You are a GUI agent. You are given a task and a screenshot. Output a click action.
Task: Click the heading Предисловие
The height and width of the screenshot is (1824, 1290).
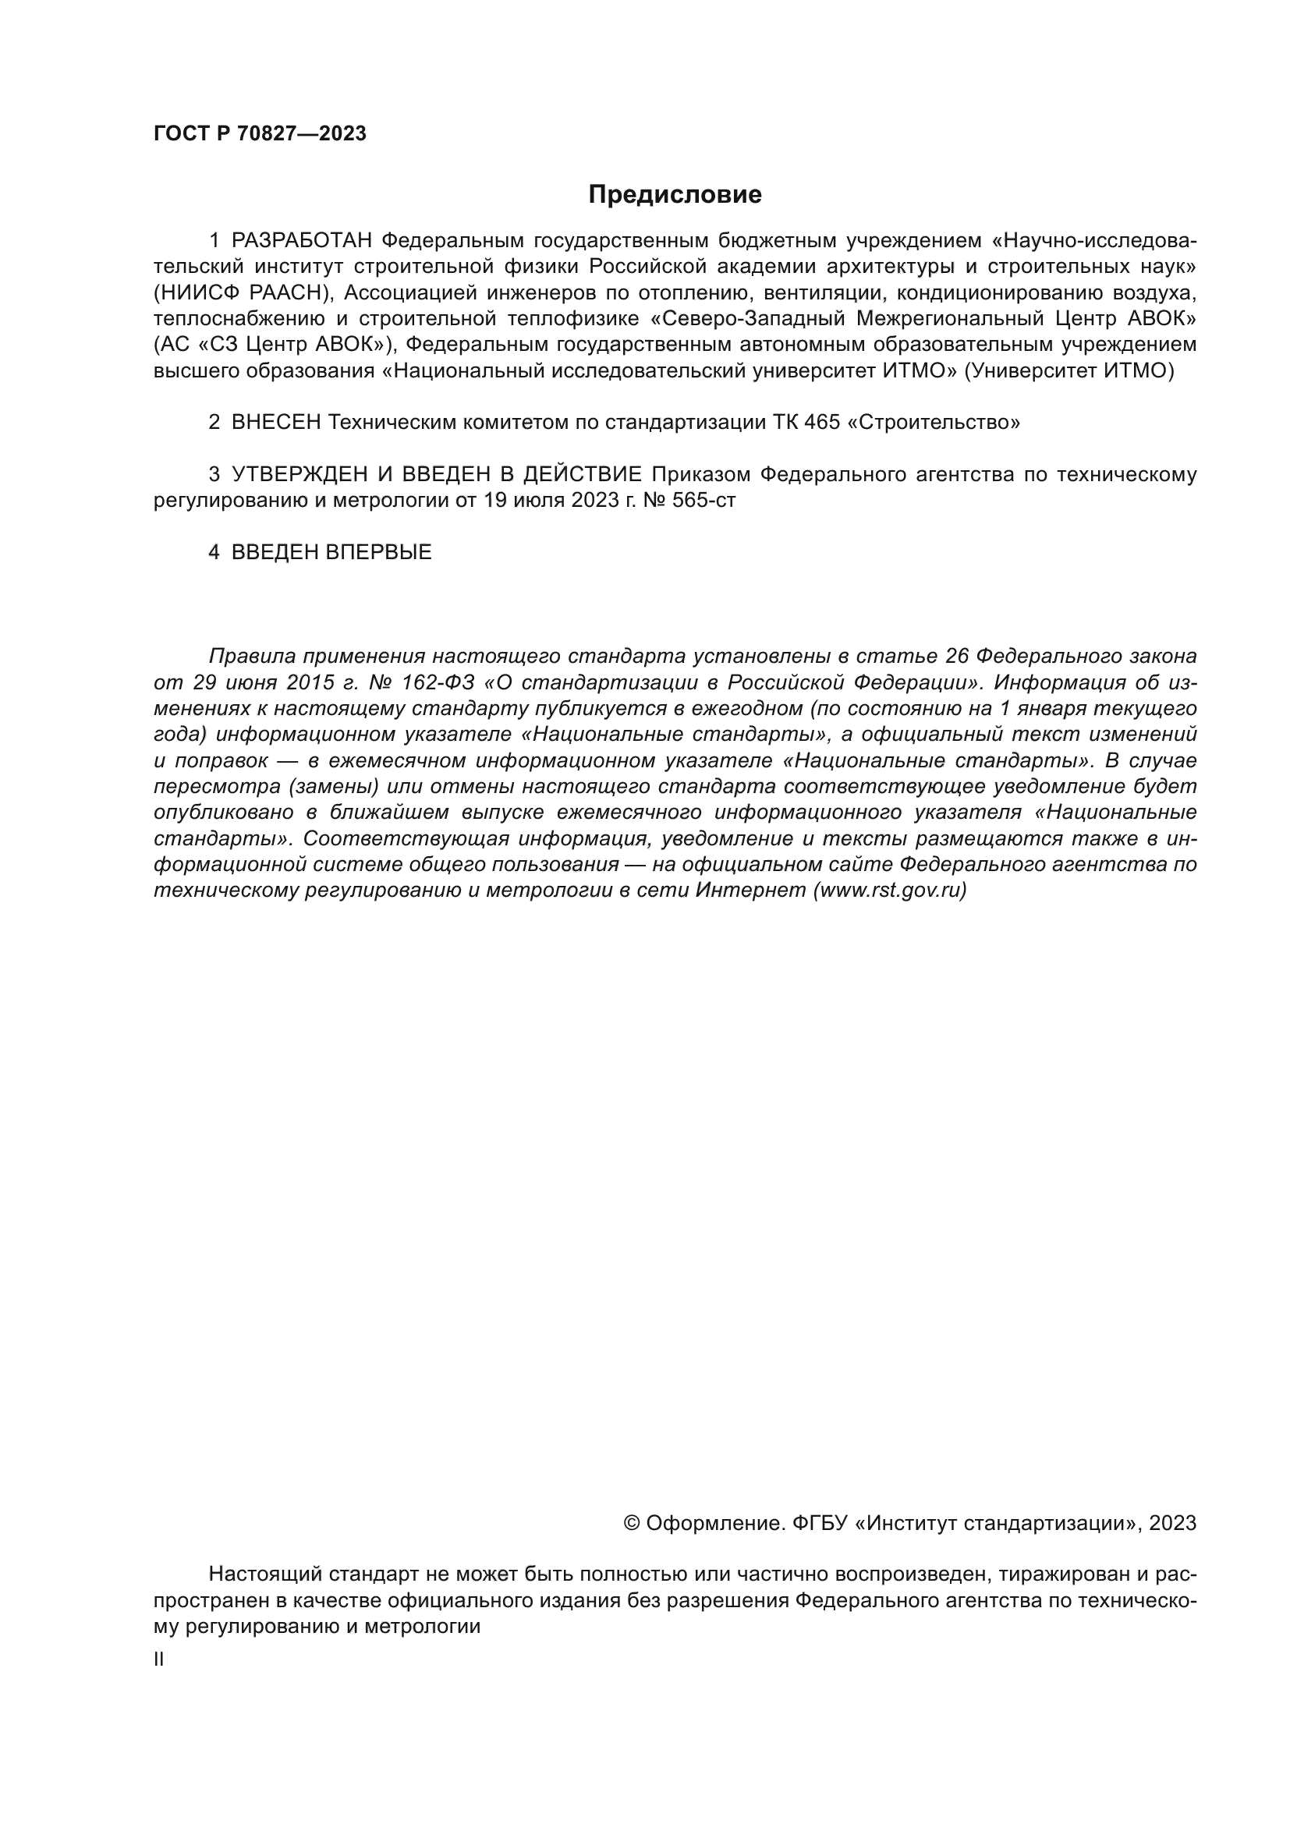click(675, 195)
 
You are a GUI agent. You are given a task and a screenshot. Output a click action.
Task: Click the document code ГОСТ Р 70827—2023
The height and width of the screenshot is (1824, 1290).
click(260, 133)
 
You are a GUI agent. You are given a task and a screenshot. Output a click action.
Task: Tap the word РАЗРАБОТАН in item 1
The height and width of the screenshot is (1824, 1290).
click(302, 240)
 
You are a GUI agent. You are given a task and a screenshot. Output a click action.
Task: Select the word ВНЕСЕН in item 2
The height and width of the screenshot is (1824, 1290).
click(275, 422)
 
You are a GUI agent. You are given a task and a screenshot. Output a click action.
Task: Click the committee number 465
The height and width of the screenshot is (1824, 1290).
click(822, 422)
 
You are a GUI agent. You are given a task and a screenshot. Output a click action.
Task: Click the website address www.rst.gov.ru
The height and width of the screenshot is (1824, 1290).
click(890, 890)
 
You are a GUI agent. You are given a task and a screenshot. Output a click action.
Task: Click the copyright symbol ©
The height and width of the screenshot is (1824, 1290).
click(632, 1523)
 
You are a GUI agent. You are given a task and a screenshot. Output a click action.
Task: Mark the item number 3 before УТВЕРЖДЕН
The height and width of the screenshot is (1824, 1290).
click(214, 474)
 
